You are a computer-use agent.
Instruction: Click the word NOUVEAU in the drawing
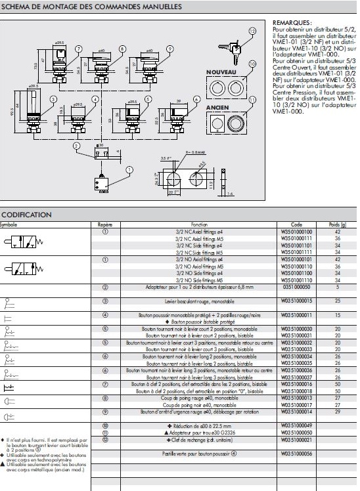coord(222,70)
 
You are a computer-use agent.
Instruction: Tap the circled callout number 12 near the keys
coord(253,32)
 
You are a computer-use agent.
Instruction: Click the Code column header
coord(287,224)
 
